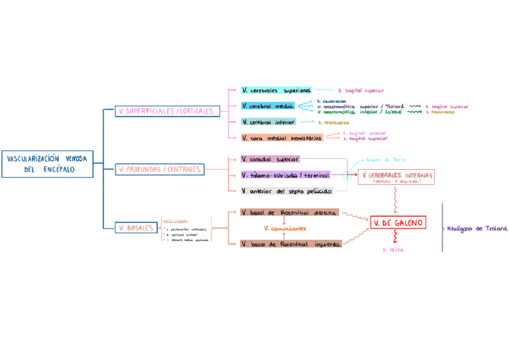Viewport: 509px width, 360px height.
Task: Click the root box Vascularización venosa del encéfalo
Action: [x=47, y=164]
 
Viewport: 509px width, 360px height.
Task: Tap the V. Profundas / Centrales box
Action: [x=160, y=169]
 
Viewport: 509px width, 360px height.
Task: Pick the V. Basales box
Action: [x=135, y=227]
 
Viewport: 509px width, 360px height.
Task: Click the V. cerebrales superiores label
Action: [x=276, y=90]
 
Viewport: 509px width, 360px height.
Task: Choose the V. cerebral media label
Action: [x=268, y=106]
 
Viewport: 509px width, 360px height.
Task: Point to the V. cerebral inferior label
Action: [x=268, y=122]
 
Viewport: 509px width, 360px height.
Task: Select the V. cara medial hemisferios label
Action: [x=282, y=137]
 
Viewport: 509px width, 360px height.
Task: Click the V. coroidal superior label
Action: [x=270, y=159]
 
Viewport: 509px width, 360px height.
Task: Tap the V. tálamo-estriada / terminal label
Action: [x=285, y=175]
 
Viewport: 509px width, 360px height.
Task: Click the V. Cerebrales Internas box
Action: [x=396, y=176]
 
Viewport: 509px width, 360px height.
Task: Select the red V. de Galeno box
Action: [x=397, y=223]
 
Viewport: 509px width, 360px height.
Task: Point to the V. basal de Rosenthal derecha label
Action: [x=289, y=212]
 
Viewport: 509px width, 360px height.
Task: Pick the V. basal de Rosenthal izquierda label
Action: [x=291, y=244]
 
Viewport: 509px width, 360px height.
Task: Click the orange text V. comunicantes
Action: [x=285, y=228]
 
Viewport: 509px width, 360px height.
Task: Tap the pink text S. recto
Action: [x=393, y=250]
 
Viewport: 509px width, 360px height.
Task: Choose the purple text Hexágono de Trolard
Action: [x=477, y=229]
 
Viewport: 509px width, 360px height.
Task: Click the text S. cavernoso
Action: [x=331, y=101]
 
